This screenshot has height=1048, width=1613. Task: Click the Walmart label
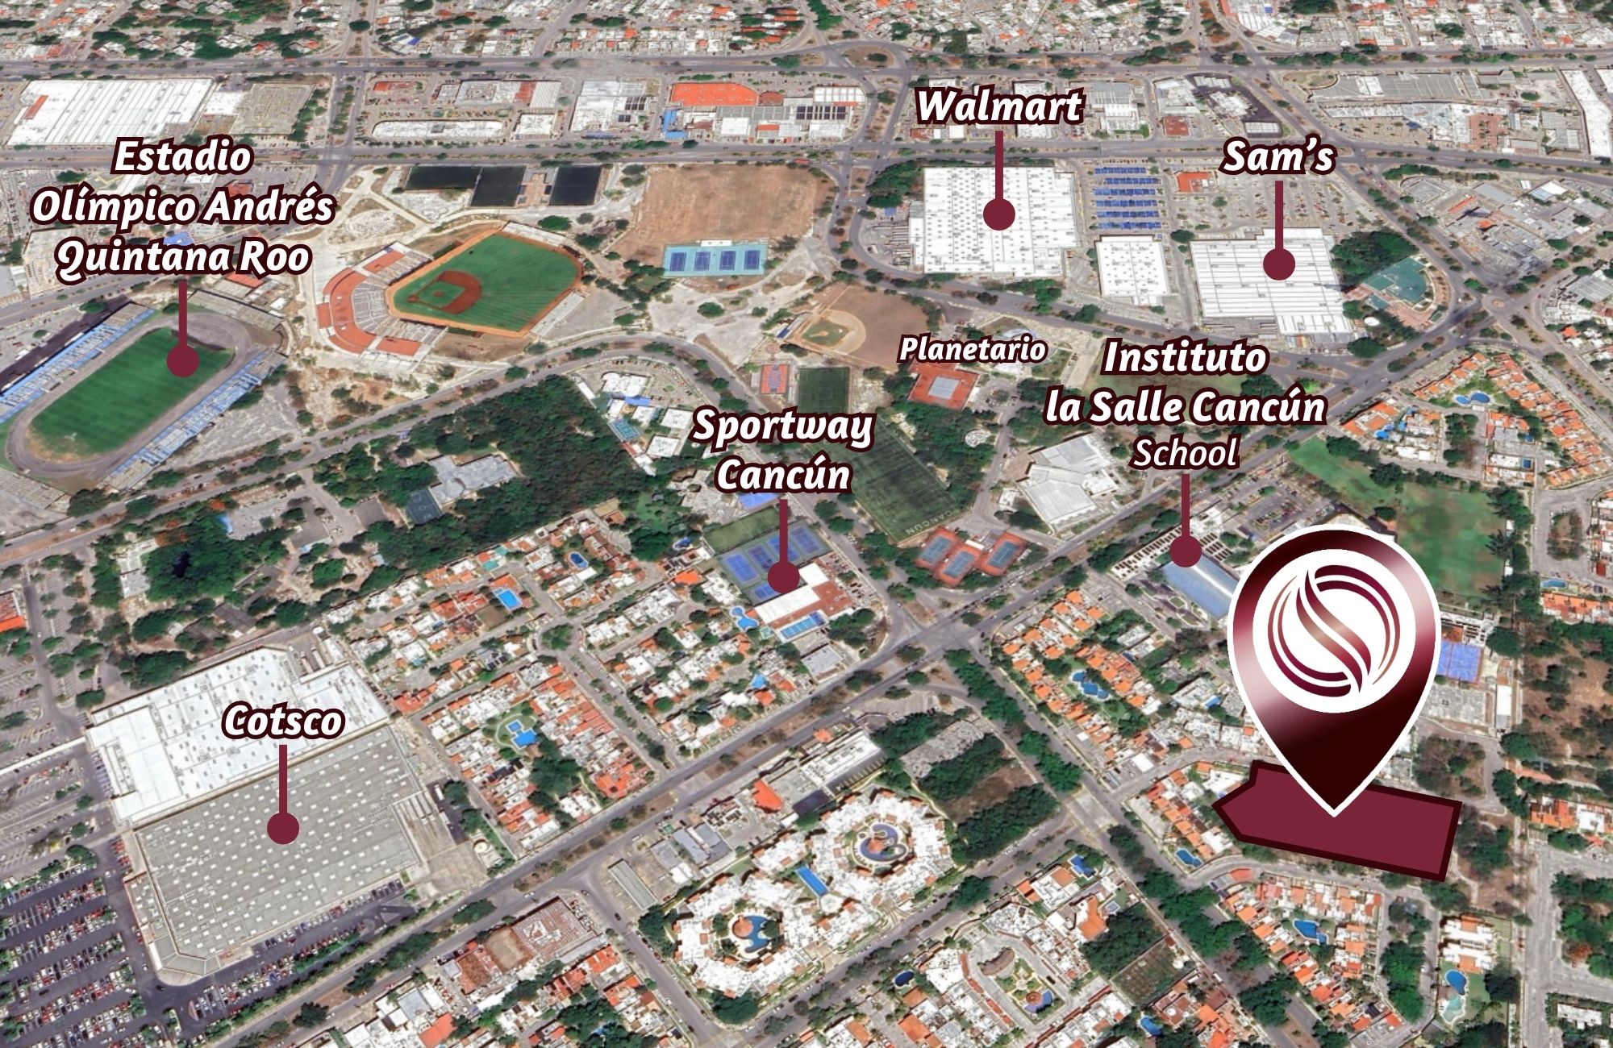point(998,106)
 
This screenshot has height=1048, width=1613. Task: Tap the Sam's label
point(1278,157)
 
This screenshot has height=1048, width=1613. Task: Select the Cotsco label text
point(283,721)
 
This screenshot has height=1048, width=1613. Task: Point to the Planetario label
point(972,349)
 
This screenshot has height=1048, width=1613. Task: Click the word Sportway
point(782,426)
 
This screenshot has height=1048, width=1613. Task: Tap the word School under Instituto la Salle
point(1185,453)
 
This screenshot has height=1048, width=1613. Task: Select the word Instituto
point(1185,357)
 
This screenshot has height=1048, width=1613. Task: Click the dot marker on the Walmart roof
point(998,214)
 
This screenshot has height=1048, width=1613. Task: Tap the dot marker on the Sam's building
point(1278,264)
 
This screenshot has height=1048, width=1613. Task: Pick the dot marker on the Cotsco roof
point(283,828)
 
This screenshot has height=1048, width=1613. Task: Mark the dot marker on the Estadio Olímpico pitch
point(183,360)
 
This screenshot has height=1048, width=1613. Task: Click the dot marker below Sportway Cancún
point(783,576)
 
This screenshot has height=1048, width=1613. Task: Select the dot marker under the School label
point(1185,551)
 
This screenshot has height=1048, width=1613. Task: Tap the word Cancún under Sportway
point(783,474)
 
